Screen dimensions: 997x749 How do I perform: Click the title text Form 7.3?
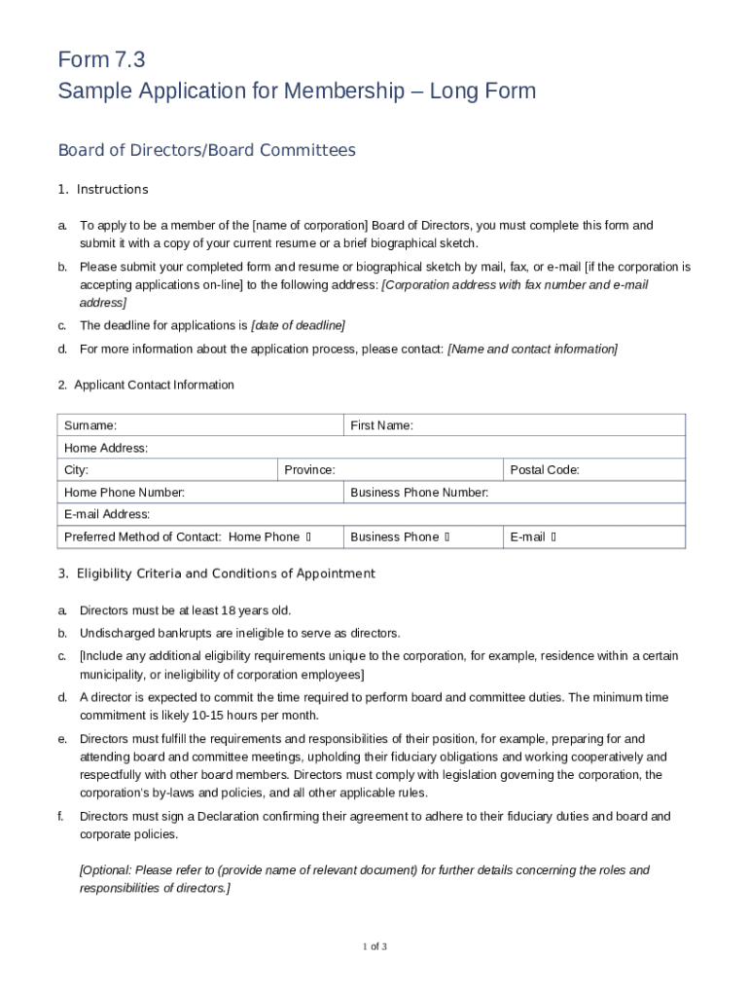click(x=101, y=60)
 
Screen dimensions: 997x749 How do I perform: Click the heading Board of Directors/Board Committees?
click(x=206, y=150)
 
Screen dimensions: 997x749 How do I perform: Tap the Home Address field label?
click(x=106, y=448)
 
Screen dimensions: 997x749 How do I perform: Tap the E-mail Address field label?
click(x=107, y=514)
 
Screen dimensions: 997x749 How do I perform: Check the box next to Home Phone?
click(x=308, y=537)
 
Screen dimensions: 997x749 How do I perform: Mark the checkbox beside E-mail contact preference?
click(x=553, y=537)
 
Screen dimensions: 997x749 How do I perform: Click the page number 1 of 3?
click(x=374, y=946)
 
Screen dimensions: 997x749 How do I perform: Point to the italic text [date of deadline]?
click(x=298, y=325)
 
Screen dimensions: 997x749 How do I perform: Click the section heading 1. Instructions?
click(x=103, y=189)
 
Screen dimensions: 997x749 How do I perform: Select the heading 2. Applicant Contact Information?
click(x=146, y=385)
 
